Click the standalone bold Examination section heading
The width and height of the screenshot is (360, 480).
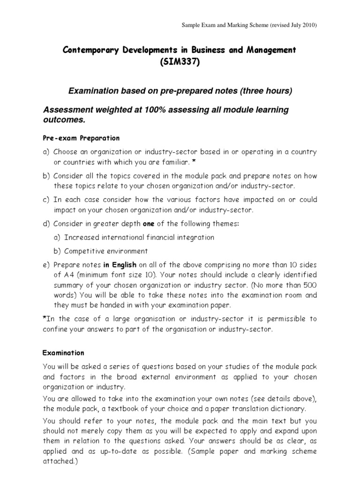coord(63,352)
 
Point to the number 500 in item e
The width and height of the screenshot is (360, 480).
coord(309,285)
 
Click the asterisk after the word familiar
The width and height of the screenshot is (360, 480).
coord(194,162)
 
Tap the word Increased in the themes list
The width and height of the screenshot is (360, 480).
coord(82,238)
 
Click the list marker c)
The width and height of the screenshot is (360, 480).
coord(46,200)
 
